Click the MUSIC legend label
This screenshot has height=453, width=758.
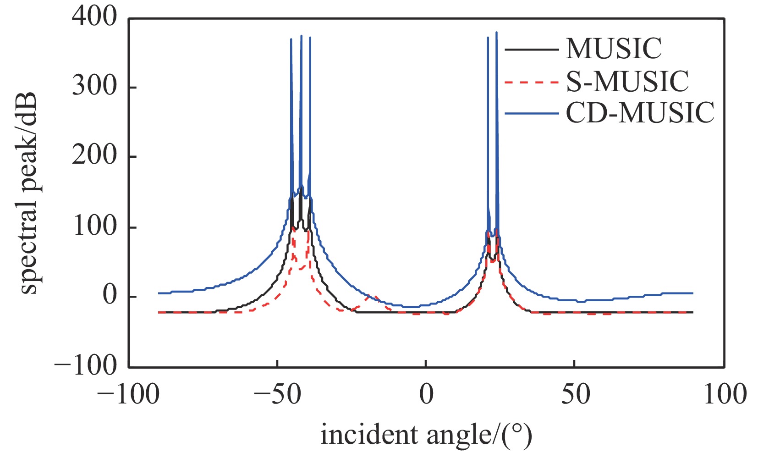[614, 49]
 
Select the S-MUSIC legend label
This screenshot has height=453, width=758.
[627, 82]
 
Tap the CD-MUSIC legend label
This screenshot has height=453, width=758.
[640, 113]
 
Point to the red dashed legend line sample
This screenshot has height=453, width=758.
[532, 82]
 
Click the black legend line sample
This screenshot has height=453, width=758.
[532, 49]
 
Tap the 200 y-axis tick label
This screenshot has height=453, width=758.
[94, 156]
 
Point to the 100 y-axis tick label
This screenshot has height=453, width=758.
[94, 226]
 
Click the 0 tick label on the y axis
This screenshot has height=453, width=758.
[110, 296]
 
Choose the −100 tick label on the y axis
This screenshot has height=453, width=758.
[86, 366]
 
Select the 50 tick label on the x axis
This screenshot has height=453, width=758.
[576, 395]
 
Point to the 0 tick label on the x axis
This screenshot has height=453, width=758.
[426, 395]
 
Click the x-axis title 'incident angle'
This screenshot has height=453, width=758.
[426, 435]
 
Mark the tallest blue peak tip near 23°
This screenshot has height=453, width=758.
[496, 32]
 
